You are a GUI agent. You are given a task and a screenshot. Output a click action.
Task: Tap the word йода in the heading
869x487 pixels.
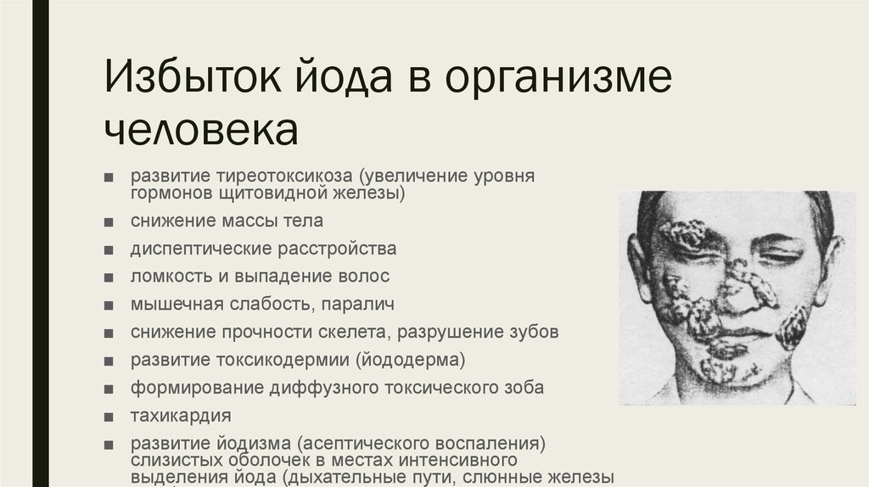pos(343,76)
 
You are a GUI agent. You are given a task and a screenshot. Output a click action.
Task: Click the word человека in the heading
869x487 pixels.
pos(201,130)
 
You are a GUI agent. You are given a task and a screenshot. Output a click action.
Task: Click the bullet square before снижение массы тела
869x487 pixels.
pos(108,222)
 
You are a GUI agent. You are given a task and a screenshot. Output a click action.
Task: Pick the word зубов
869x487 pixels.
pos(534,332)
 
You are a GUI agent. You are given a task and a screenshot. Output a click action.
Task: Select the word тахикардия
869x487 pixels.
pos(181,416)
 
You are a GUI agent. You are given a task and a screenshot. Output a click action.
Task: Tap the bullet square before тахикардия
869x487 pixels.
pos(108,417)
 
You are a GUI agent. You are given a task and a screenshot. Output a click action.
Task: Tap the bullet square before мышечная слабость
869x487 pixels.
pos(108,305)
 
